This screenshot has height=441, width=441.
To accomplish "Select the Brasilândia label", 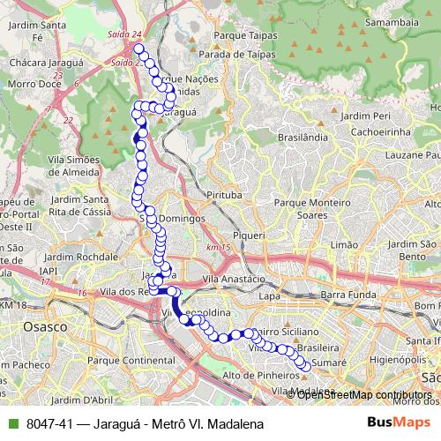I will click(x=303, y=138).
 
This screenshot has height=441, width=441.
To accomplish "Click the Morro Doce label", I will click(x=29, y=84).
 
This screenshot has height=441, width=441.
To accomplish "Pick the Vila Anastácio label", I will click(x=234, y=279).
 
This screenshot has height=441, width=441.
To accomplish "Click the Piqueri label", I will click(x=249, y=235).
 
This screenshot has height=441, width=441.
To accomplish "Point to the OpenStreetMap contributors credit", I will click(x=364, y=394).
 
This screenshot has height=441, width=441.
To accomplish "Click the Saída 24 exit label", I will click(x=127, y=34).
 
